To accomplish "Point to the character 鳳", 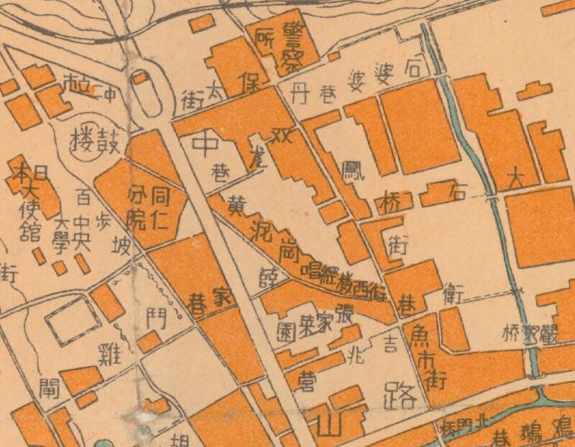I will point(353,175).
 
